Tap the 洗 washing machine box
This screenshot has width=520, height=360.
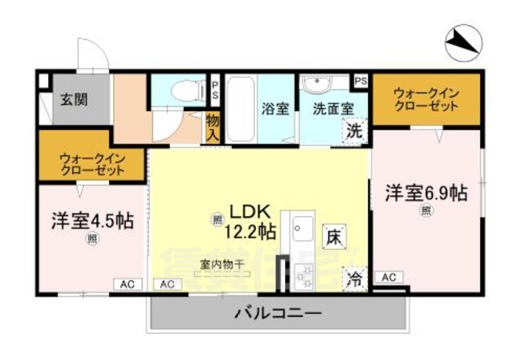[354, 129]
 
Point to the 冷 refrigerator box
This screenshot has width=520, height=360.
[355, 280]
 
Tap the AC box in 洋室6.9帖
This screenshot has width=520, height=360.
[389, 278]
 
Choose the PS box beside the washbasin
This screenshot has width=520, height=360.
[361, 80]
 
